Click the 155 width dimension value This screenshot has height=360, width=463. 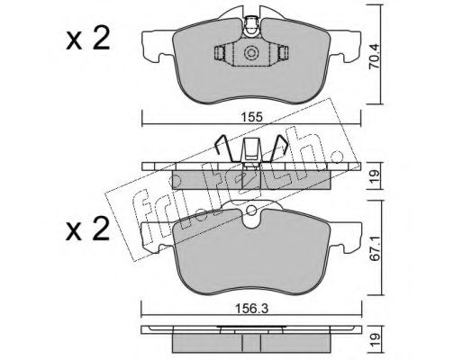[251, 116]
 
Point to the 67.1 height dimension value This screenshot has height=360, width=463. [374, 251]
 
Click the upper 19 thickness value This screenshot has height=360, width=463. [375, 176]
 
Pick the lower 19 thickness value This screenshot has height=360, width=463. [375, 339]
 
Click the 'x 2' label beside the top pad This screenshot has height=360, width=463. [87, 40]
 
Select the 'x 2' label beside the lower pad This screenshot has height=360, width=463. [87, 230]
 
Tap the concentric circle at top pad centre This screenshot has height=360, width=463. [251, 53]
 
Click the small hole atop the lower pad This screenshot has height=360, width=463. [251, 211]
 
